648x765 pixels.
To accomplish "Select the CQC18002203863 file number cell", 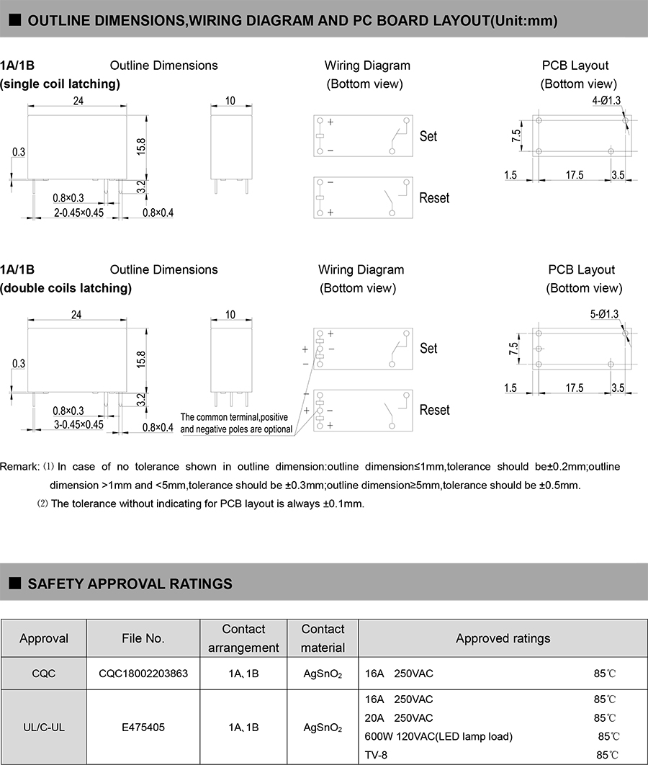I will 143,674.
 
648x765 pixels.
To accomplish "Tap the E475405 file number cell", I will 143,727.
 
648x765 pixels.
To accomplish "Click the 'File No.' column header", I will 143,638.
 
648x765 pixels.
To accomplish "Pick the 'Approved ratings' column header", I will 503,638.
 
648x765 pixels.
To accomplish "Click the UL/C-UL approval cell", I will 44,727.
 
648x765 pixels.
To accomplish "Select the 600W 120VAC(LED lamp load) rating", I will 439,736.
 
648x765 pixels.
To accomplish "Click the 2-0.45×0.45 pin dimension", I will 79,212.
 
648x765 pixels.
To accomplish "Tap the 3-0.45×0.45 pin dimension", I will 79,424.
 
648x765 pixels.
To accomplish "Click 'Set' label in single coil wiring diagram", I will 428,136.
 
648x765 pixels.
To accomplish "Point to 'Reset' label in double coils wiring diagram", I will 434,410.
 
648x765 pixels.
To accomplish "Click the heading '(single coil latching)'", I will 60,84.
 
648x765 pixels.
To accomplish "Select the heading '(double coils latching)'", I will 66,288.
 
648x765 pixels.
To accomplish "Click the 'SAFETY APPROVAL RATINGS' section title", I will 130,583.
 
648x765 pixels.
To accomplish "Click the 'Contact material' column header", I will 323,638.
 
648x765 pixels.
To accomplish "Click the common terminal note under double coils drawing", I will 236,424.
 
